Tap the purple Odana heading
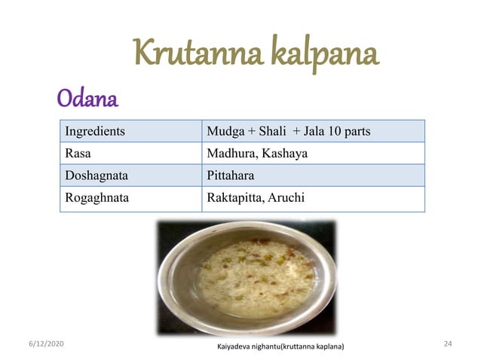coord(87,99)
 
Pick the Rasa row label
coord(78,154)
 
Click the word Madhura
coord(229,154)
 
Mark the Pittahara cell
coord(230,176)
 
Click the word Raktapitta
coord(233,199)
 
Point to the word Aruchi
coord(286,199)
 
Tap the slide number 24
coord(448,343)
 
